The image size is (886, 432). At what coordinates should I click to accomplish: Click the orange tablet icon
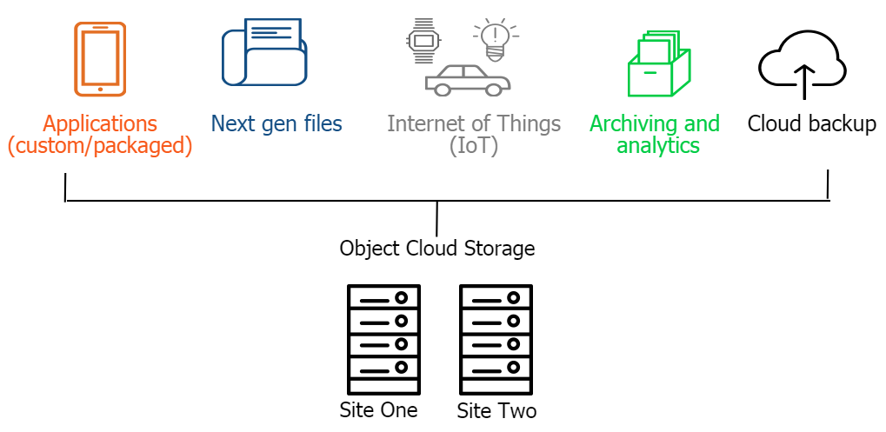pos(100,58)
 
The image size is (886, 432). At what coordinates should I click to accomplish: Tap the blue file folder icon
pos(264,53)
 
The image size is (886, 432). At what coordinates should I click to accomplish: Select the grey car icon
pos(468,79)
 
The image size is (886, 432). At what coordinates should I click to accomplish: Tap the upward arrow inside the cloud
pos(803,80)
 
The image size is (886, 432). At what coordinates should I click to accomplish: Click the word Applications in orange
pos(100,123)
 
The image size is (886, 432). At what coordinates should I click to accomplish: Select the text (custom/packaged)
pos(100,145)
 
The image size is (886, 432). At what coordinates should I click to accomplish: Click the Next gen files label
pos(276,123)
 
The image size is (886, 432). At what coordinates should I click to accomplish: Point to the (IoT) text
pos(474,145)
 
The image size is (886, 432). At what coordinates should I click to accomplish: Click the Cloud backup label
pos(811,123)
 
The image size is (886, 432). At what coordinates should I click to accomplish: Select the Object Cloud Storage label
pos(436,249)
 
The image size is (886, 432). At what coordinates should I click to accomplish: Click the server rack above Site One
pos(383,340)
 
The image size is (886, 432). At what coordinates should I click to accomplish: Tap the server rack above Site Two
pos(496,340)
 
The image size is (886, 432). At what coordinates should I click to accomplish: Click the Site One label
pos(379,409)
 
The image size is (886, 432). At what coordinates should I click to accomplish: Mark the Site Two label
pos(496,410)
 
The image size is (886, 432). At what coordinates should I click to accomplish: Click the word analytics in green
pos(658,145)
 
